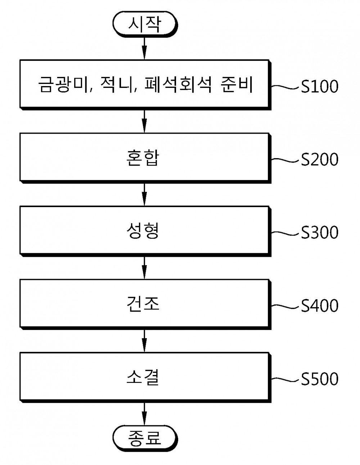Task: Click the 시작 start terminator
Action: (145, 24)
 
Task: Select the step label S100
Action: (320, 86)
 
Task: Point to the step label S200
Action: (320, 160)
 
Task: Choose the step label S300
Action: (320, 232)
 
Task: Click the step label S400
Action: (320, 305)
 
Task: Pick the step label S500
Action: (320, 379)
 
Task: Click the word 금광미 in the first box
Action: (64, 85)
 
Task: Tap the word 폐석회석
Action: (178, 85)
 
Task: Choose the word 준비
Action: (237, 85)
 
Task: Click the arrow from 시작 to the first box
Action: (144, 49)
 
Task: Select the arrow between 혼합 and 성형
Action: (144, 194)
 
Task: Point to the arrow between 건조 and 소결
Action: (144, 341)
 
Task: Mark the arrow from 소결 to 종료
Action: (144, 414)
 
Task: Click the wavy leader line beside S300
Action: (285, 233)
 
